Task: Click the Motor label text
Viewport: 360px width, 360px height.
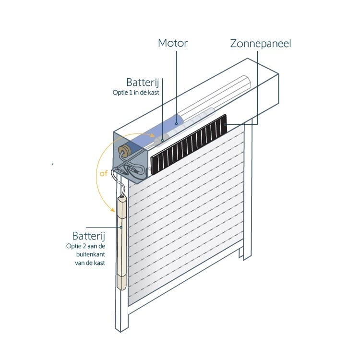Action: (172, 43)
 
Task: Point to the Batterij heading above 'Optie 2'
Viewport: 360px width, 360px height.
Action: (88, 236)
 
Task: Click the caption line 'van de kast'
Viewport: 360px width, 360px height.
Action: (90, 263)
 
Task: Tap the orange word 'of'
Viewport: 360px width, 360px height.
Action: (104, 174)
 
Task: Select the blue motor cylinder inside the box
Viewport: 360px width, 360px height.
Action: (163, 129)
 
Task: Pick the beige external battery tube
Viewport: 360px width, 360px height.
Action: (121, 245)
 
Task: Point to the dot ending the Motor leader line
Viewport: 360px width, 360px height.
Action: (176, 123)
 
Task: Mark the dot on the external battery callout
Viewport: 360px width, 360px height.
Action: (121, 227)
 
